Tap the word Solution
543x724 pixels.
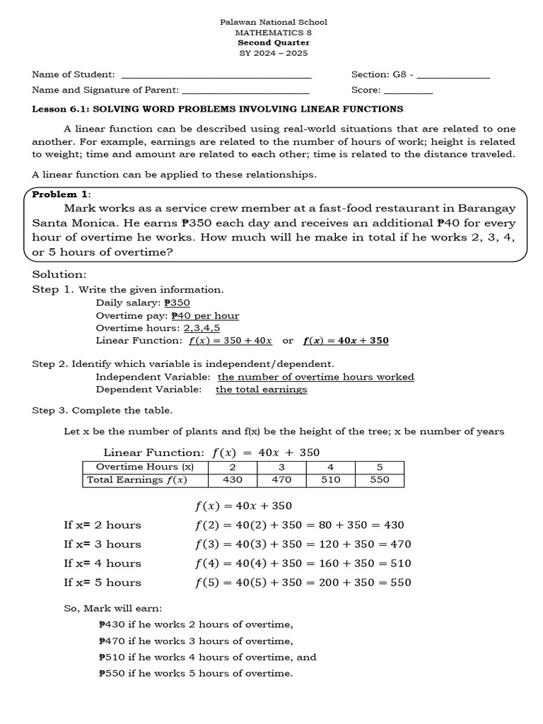(59, 274)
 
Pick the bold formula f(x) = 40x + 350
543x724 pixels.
(346, 341)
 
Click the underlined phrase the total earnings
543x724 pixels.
(261, 390)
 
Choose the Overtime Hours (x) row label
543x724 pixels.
(145, 467)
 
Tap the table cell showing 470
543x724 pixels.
(281, 480)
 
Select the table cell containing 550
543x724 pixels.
(379, 480)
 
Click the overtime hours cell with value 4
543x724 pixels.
(329, 467)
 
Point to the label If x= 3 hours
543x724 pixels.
(102, 544)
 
